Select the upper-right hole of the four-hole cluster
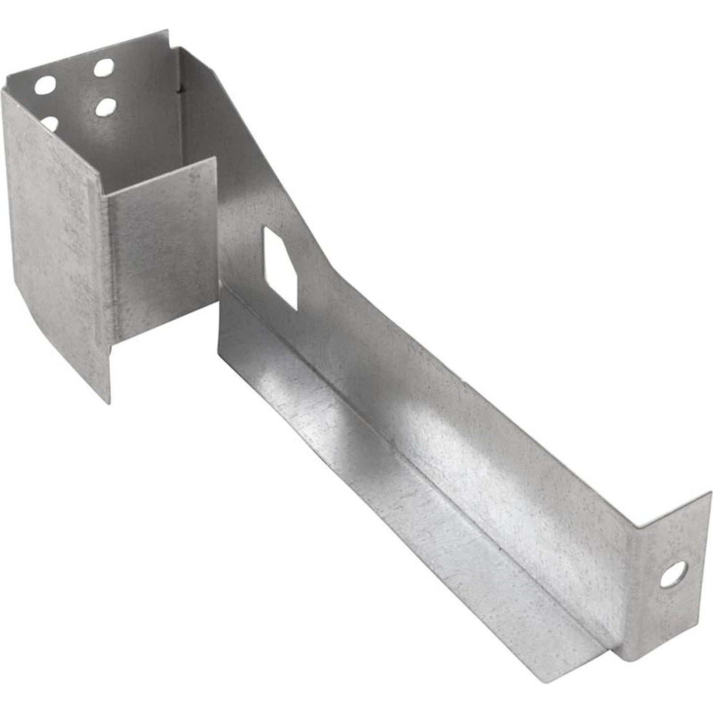pyautogui.click(x=104, y=67)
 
